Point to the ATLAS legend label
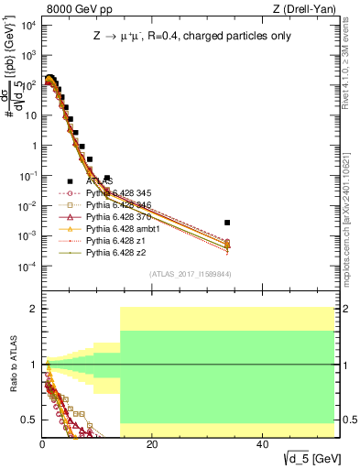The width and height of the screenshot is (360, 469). [x=99, y=181]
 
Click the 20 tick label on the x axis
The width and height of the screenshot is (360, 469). [x=152, y=443]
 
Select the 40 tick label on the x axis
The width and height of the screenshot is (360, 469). [x=263, y=443]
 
